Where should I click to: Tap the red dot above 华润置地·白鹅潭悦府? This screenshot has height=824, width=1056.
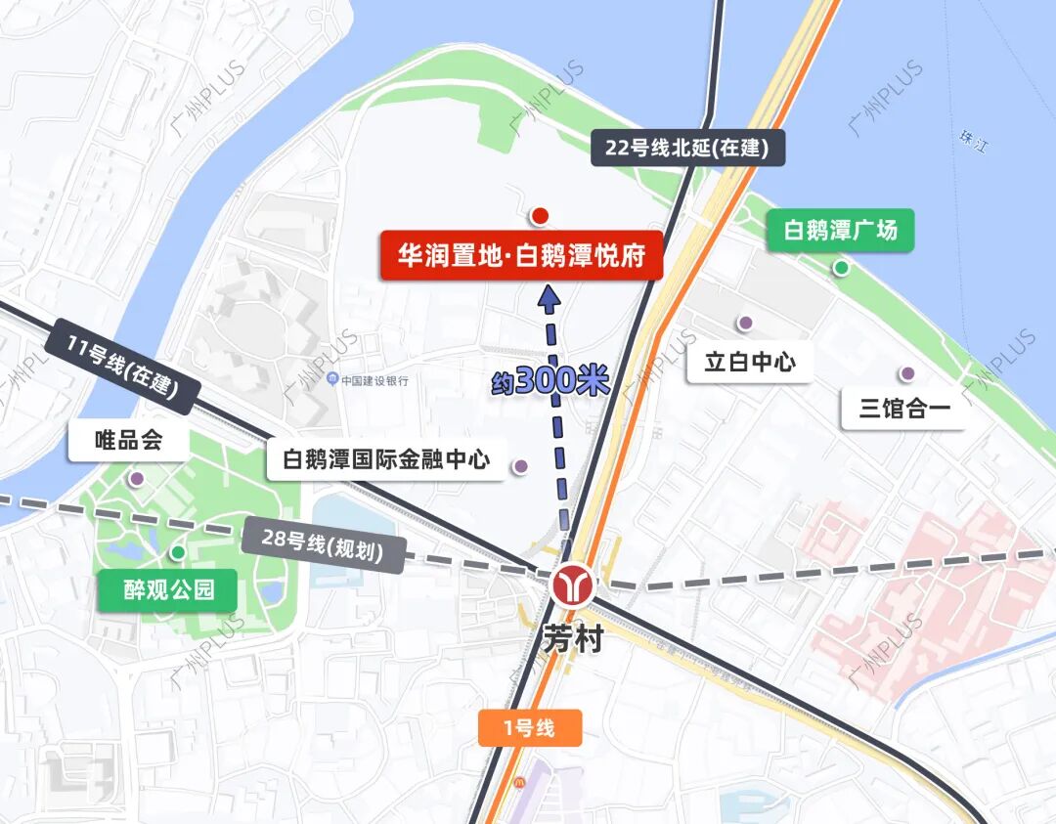tap(540, 215)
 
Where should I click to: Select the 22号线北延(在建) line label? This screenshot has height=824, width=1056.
tap(687, 149)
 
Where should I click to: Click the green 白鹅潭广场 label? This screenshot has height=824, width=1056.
tap(840, 232)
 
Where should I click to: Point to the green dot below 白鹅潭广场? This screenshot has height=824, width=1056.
tap(841, 268)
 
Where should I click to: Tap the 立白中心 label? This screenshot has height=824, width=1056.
tap(750, 362)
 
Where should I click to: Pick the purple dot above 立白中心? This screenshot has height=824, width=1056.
tap(745, 323)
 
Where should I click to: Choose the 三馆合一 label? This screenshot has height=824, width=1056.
tap(904, 409)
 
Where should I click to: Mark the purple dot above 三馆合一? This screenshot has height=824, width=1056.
tap(907, 372)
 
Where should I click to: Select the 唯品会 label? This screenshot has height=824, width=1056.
tap(128, 441)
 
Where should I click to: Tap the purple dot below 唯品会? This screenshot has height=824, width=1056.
tap(137, 478)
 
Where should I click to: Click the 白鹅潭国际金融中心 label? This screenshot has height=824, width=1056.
tap(386, 459)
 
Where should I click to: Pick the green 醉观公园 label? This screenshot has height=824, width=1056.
tap(167, 590)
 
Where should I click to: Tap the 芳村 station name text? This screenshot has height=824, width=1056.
tap(573, 640)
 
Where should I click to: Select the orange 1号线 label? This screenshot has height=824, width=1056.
tap(530, 728)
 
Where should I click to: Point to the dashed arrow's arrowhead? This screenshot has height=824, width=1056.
tap(549, 296)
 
